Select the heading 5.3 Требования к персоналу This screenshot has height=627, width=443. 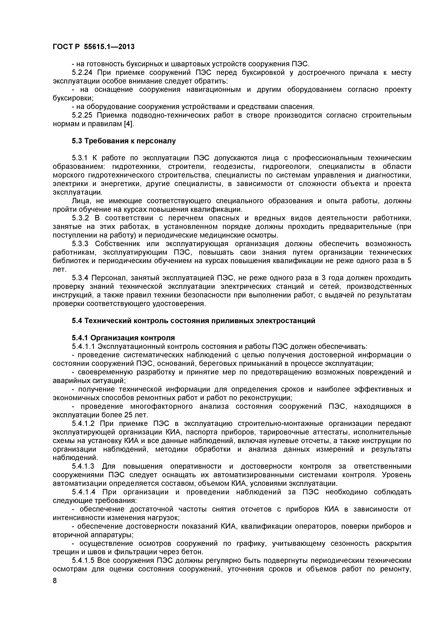[124, 141]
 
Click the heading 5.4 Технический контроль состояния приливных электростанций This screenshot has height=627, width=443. [193, 321]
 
